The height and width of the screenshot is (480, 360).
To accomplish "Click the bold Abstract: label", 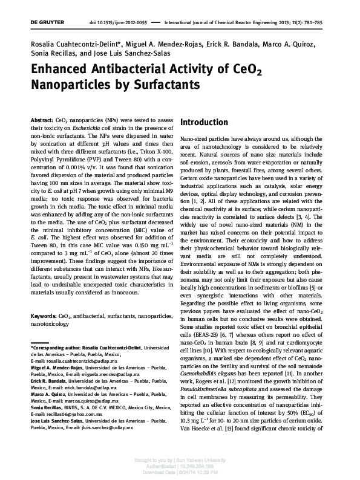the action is point(41,121).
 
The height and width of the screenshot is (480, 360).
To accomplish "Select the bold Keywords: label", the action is point(44,316).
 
